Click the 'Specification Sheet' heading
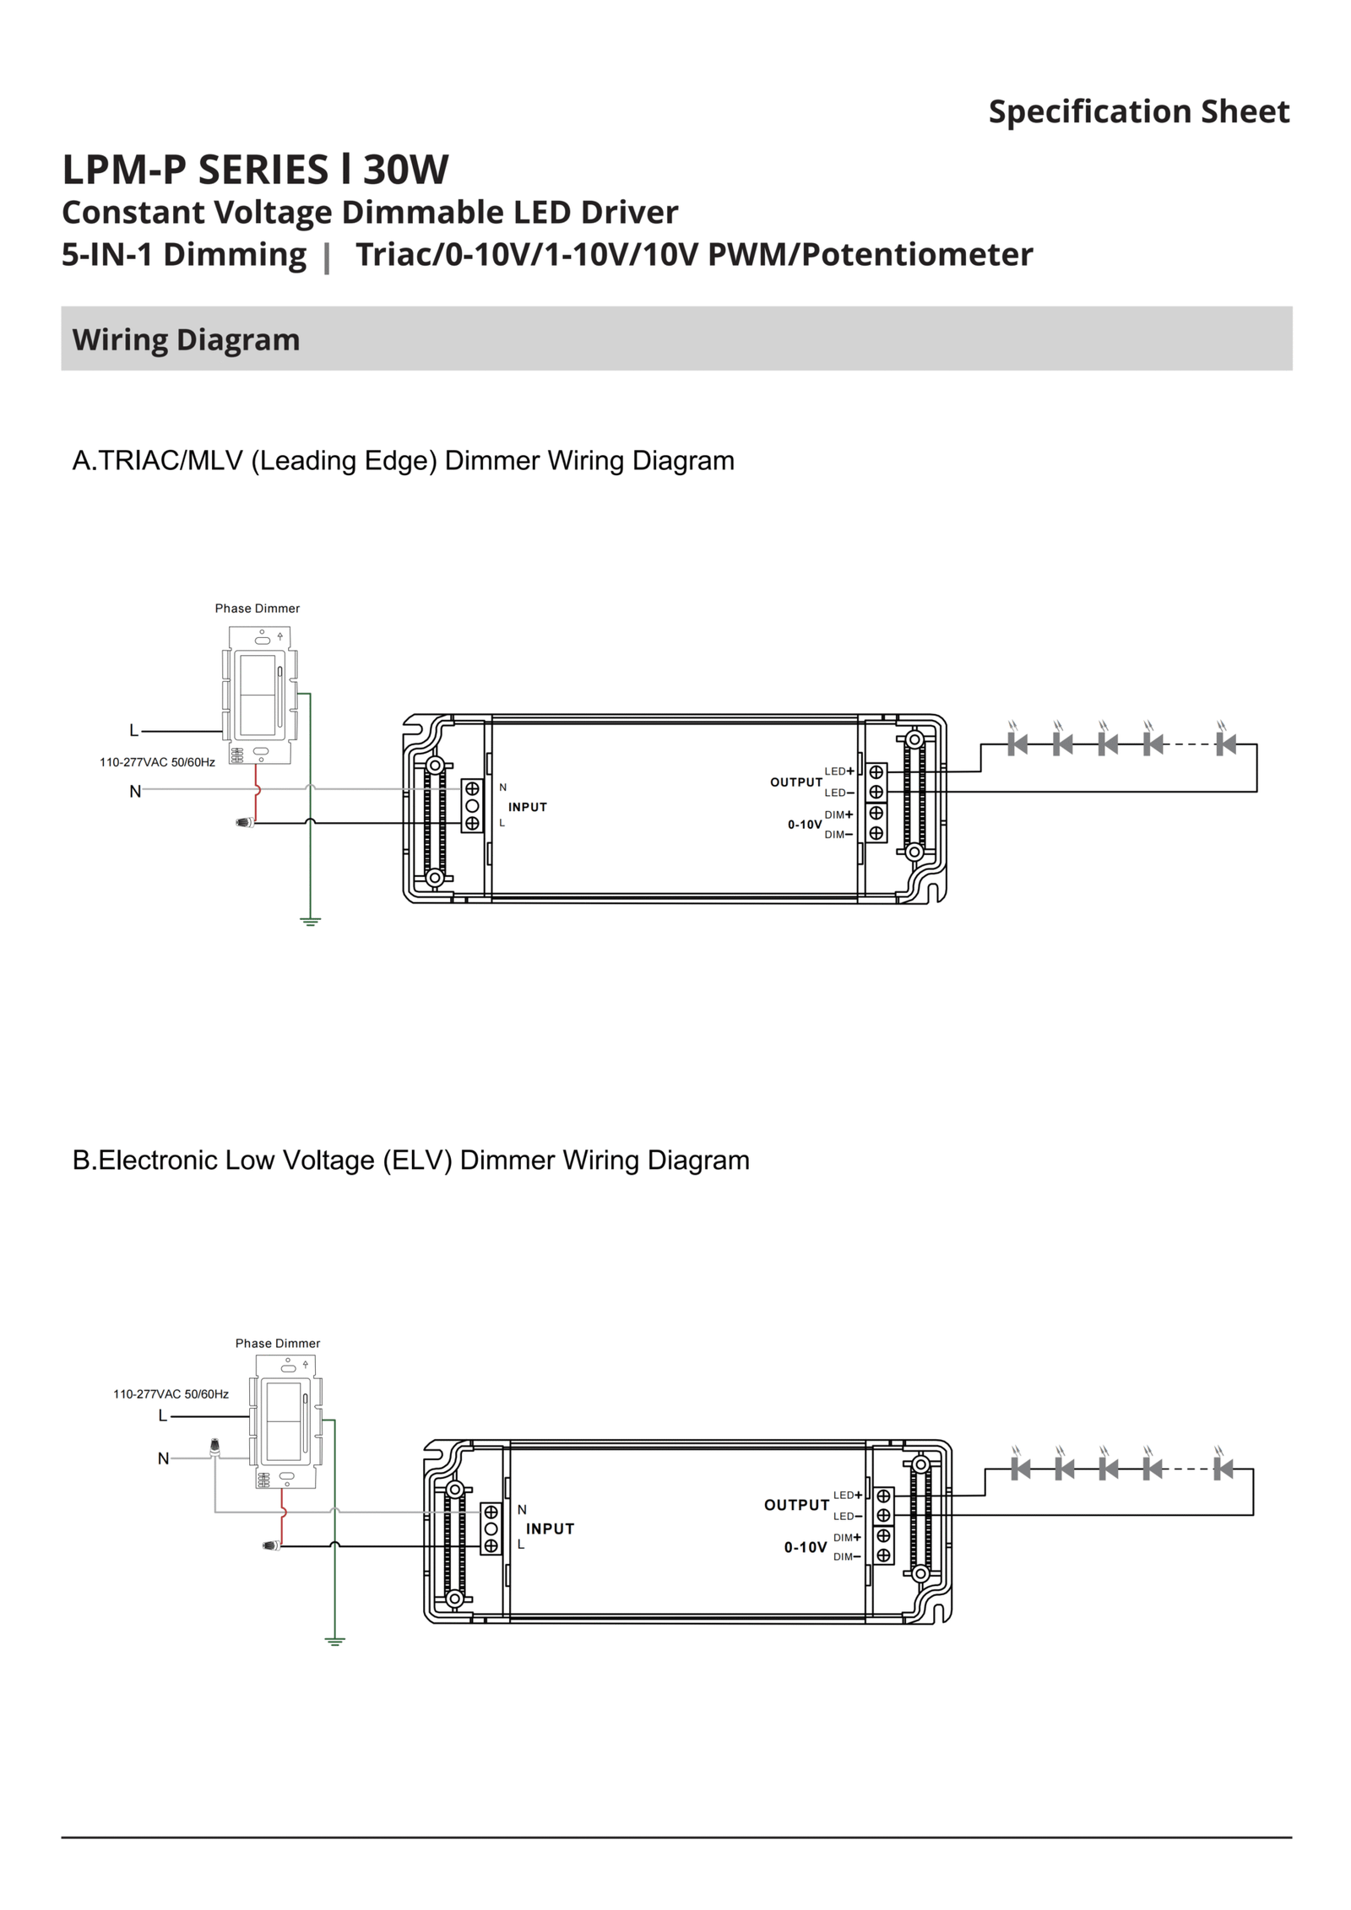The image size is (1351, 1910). point(1138,111)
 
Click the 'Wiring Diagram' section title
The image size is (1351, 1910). point(186,339)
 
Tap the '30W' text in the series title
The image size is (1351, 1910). point(405,170)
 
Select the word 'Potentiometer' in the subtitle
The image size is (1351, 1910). point(917,254)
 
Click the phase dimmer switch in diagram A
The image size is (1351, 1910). point(259,695)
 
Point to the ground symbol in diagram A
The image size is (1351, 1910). point(311,921)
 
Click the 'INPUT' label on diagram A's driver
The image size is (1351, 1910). point(528,807)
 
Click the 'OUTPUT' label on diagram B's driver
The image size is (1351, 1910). point(796,1505)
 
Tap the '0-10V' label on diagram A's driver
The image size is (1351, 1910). point(804,825)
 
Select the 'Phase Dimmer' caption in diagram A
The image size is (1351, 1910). point(257,609)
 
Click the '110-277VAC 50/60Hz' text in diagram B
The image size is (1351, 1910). point(171,1394)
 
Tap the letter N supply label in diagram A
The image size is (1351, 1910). point(135,792)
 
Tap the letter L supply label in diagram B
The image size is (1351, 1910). point(163,1416)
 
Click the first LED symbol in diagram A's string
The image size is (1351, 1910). point(1017,744)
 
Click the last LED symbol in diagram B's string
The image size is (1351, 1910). point(1222,1469)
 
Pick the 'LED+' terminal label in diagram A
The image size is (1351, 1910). point(838,771)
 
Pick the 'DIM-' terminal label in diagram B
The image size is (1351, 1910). point(847,1557)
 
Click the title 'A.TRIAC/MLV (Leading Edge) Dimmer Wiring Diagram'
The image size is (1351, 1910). point(404,461)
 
